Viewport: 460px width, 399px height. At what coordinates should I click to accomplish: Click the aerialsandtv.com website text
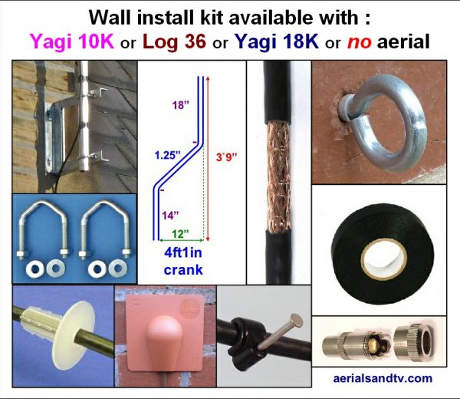(x=384, y=378)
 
